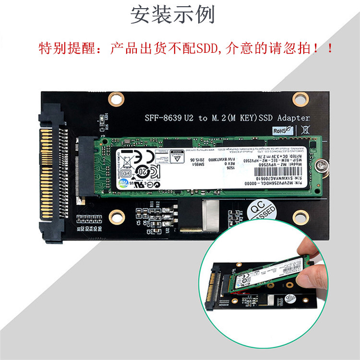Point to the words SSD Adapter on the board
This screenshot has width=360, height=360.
pyautogui.click(x=286, y=118)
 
